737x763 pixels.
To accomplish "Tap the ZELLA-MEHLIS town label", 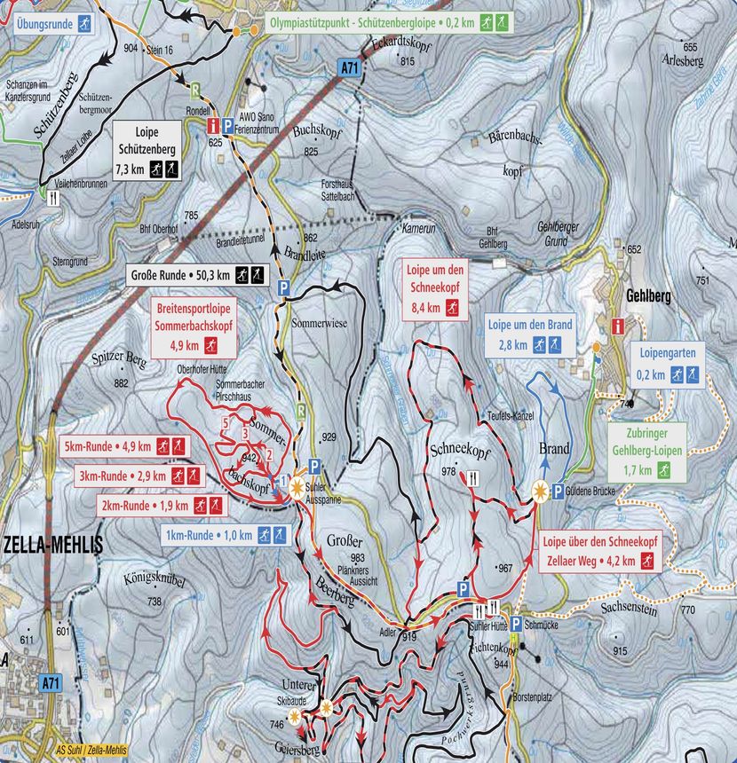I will tap(52, 545).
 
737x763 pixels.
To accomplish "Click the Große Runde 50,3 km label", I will tap(196, 275).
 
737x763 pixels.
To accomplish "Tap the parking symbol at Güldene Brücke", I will tap(557, 492).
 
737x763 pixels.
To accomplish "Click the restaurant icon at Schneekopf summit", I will tap(472, 478).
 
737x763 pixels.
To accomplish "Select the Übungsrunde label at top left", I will tap(48, 22).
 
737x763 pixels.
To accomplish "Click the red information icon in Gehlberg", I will tap(617, 326).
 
